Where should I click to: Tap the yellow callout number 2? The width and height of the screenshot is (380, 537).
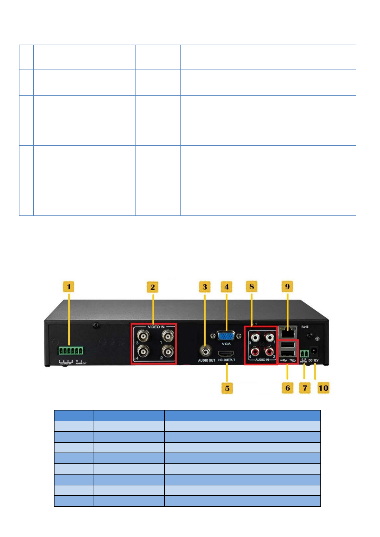click(153, 287)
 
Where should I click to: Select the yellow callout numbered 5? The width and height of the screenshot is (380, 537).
click(227, 388)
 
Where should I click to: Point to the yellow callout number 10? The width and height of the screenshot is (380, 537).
click(323, 388)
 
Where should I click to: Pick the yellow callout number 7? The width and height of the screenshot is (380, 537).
click(305, 388)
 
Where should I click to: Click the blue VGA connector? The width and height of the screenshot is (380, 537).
click(226, 336)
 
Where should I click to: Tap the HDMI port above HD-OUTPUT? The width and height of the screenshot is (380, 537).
click(226, 354)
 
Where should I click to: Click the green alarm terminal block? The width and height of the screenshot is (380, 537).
click(70, 351)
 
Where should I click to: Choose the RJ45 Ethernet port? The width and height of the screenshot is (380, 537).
click(288, 333)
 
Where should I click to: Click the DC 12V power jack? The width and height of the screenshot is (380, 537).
click(314, 351)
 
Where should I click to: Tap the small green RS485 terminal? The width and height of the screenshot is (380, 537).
click(304, 353)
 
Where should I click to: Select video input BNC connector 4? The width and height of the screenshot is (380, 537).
click(143, 352)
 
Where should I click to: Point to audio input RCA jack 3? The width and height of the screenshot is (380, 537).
click(255, 337)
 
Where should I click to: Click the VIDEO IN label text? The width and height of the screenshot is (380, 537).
click(156, 327)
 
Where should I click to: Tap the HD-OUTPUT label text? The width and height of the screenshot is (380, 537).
click(227, 360)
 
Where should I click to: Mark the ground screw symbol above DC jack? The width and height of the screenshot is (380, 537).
click(317, 338)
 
